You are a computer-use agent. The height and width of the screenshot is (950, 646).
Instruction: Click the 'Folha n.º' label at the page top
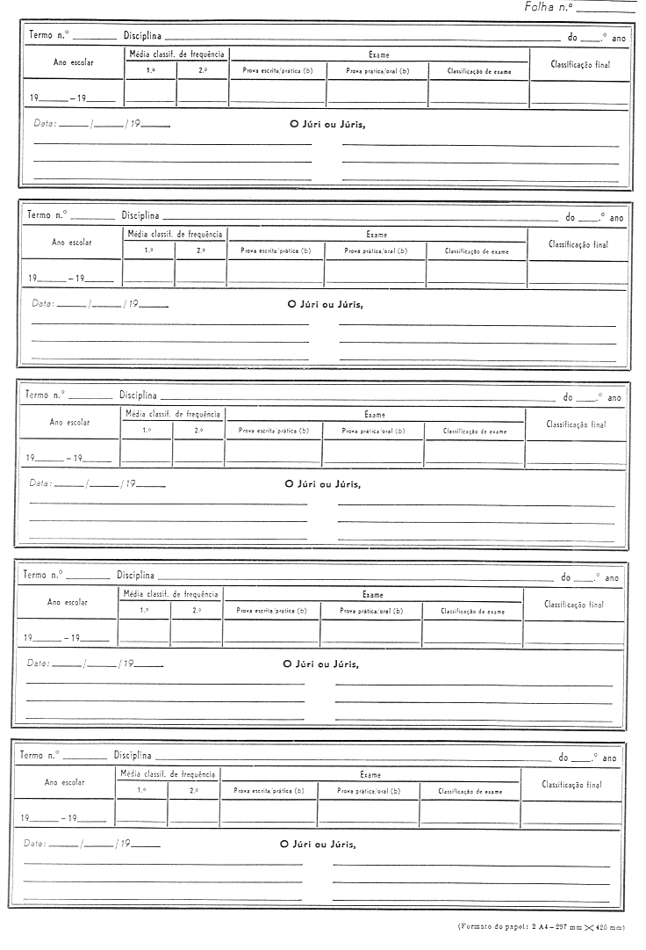click(549, 7)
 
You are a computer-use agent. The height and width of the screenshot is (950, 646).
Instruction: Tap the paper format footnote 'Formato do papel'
click(541, 926)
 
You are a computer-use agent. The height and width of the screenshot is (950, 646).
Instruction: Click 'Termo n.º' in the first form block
click(49, 37)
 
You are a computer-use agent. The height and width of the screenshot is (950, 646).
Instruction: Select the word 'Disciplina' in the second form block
click(140, 215)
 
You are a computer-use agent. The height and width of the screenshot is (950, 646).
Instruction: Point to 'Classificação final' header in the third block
click(576, 424)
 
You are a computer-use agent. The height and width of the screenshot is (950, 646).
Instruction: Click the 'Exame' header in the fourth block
click(373, 594)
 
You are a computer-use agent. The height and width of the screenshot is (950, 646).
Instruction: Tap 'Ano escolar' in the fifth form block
click(64, 781)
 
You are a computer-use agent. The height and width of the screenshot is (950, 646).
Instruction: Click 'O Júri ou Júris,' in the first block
click(327, 124)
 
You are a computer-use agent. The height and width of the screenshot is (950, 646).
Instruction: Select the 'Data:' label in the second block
click(43, 303)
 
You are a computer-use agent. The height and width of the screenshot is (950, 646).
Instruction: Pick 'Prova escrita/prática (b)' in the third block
click(274, 431)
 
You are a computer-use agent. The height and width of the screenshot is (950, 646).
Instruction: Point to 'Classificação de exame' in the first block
click(478, 70)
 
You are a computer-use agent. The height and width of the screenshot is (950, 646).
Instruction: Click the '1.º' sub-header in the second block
click(148, 251)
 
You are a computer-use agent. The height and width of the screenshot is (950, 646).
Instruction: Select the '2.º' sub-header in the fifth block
click(194, 790)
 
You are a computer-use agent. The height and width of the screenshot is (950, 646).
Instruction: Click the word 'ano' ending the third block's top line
click(614, 398)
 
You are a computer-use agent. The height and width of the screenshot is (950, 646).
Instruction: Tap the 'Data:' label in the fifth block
click(35, 843)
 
